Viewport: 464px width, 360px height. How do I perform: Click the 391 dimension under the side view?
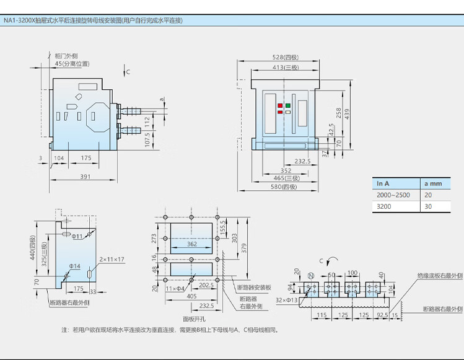[x=85, y=177]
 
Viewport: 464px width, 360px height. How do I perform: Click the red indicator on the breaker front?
[x=280, y=105]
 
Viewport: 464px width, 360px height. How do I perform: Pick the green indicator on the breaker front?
[x=288, y=105]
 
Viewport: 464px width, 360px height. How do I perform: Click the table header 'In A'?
[x=383, y=183]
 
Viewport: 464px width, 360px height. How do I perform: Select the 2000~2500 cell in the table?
[x=393, y=195]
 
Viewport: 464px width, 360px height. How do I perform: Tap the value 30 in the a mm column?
[x=428, y=207]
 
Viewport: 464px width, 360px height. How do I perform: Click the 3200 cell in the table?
[x=384, y=207]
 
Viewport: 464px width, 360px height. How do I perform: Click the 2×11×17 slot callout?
[x=112, y=259]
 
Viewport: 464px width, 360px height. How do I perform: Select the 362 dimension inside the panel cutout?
[x=191, y=244]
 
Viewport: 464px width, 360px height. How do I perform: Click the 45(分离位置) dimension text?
[x=72, y=63]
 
